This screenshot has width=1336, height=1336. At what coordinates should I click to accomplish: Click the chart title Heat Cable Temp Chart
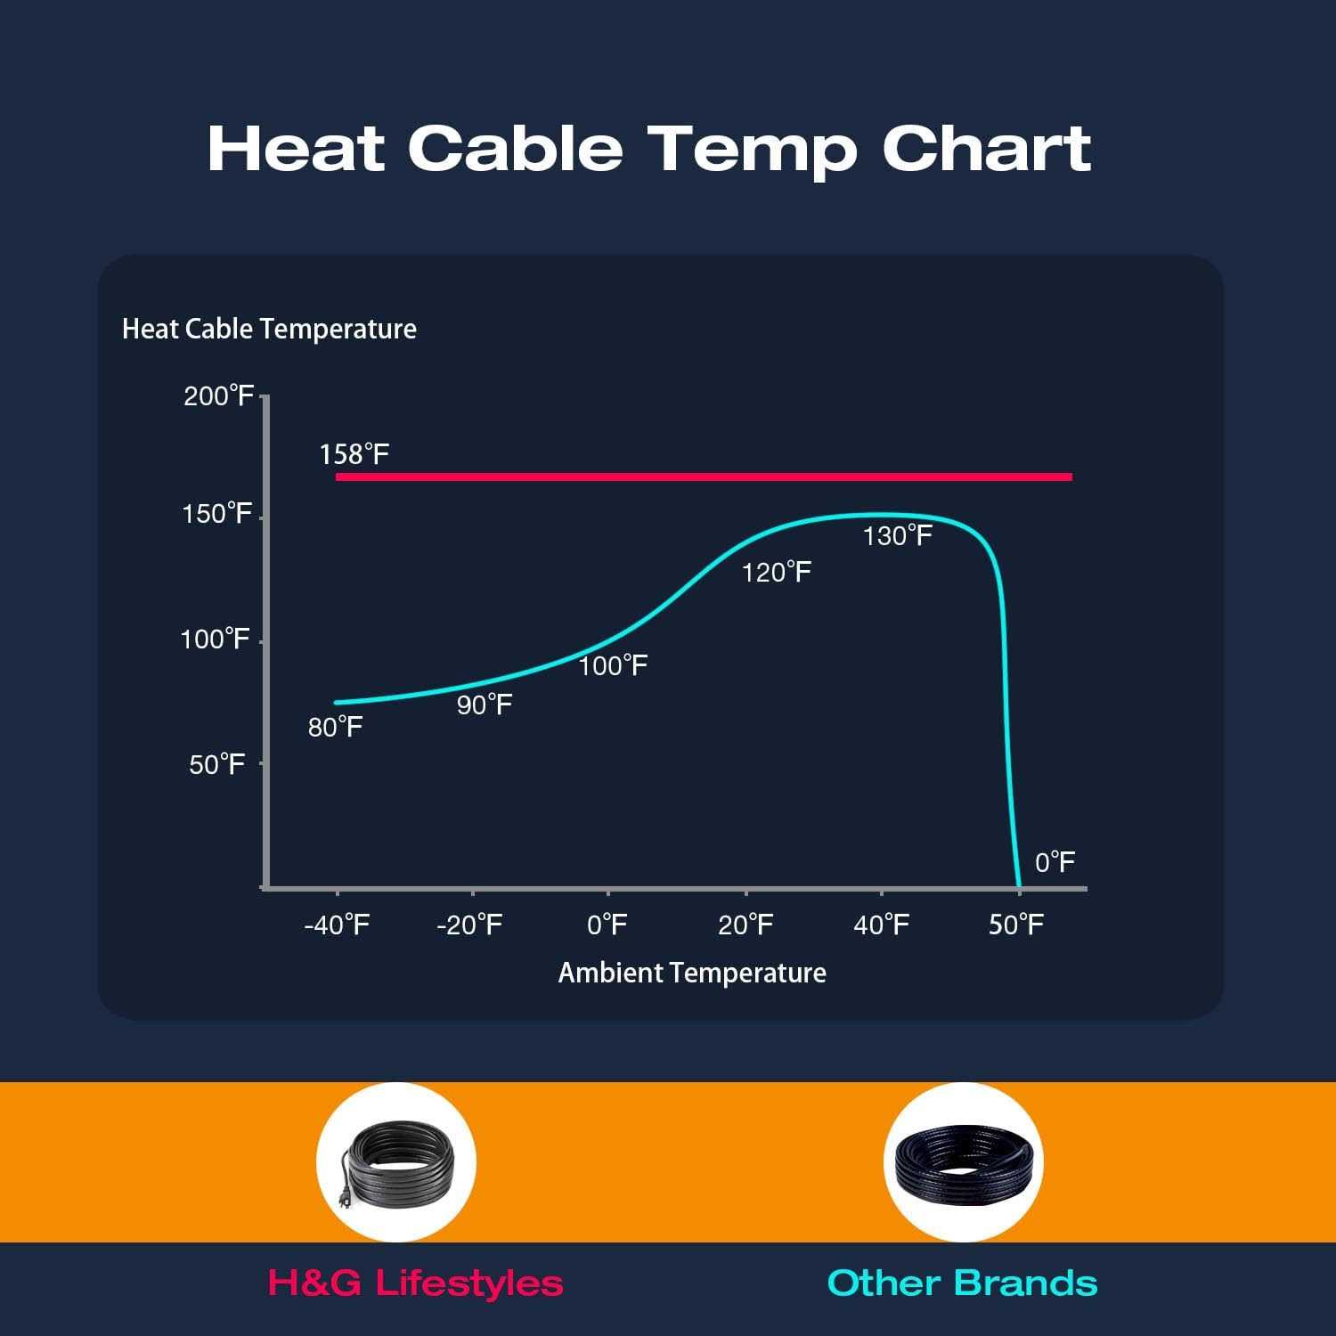tap(648, 149)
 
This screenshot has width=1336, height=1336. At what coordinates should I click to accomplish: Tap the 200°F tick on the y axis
tap(219, 396)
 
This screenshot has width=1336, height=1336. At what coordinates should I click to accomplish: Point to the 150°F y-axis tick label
tap(217, 515)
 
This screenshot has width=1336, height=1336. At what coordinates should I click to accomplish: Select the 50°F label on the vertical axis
tap(217, 765)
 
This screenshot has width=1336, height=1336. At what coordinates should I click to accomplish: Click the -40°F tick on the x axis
tap(337, 925)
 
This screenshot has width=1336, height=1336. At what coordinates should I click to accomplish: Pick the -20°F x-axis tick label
tap(469, 925)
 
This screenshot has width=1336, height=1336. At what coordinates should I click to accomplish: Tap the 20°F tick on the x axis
tap(745, 925)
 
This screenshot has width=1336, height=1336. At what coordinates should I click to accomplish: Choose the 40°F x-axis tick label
tap(881, 925)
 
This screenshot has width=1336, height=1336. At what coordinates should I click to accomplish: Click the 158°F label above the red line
tap(354, 455)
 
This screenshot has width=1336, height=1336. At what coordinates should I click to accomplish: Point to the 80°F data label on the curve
tap(335, 728)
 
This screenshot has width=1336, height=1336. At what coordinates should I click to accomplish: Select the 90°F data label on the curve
tap(485, 705)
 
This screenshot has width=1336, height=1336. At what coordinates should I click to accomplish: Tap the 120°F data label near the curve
tap(777, 572)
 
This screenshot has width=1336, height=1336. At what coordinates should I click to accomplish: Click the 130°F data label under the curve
tap(898, 535)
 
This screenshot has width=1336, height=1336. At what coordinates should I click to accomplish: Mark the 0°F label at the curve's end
tap(1055, 862)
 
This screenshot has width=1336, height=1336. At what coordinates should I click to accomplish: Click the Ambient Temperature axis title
tap(692, 973)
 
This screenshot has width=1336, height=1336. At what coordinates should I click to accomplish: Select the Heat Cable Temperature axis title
tap(269, 330)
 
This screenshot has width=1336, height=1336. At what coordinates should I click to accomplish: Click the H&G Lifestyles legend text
tap(415, 1283)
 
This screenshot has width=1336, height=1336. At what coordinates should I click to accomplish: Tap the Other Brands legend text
tap(962, 1283)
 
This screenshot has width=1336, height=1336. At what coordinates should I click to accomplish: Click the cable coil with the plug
tap(396, 1162)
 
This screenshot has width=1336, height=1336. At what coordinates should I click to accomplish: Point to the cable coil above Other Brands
tap(964, 1162)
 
